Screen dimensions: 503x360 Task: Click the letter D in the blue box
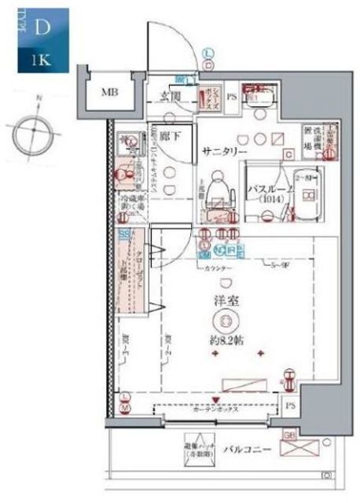tap(42, 28)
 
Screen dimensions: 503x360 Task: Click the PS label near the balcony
tap(290, 406)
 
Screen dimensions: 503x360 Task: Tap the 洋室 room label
tap(226, 300)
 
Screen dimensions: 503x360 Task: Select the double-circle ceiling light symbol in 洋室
tap(226, 321)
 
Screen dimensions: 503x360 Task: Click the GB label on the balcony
tap(288, 434)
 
